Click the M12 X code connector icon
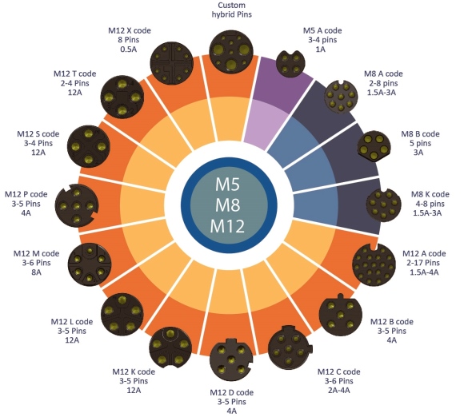172,62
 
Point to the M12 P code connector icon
77,205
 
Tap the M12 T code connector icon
122,97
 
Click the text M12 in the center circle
227,226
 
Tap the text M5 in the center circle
227,185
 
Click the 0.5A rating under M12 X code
129,49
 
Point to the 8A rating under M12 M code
36,272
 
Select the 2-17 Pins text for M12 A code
423,263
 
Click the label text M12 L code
72,322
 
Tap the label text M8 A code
383,73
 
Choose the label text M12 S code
38,134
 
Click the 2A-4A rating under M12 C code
339,391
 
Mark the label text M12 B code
392,322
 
